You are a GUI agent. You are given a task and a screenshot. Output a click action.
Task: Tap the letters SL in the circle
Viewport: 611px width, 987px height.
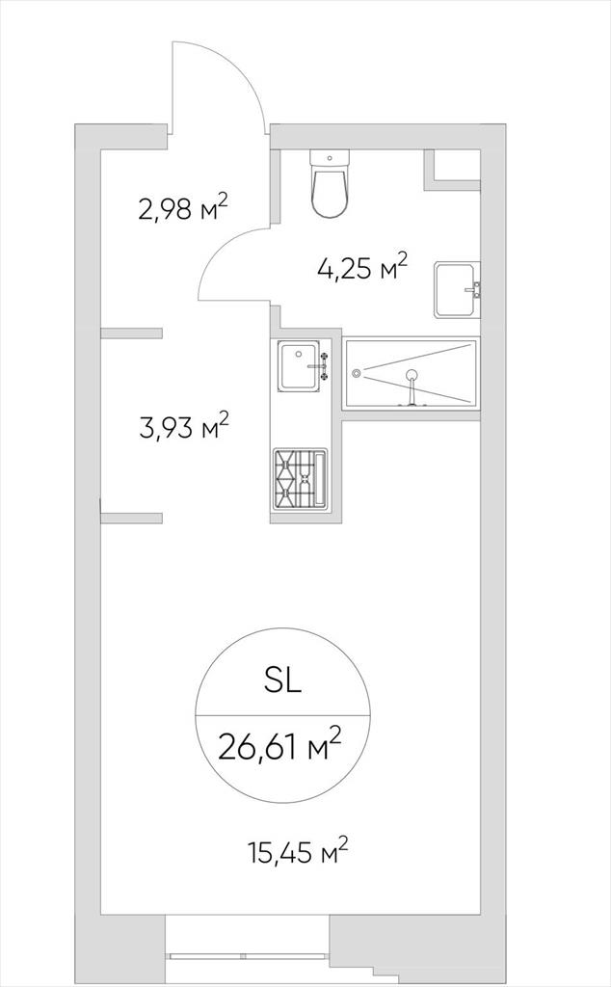[283, 681]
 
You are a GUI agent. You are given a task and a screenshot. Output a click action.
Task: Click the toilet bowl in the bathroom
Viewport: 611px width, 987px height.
[329, 192]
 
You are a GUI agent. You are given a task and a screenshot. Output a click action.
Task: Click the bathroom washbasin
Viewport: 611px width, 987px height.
[457, 289]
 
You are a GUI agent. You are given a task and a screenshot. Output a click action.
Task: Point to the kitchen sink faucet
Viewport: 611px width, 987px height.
[320, 365]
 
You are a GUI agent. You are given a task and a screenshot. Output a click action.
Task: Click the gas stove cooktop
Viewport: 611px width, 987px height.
[300, 478]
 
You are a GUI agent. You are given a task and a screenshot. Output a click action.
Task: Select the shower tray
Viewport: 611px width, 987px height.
[411, 374]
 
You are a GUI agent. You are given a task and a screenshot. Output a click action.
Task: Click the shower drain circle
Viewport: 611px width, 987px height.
[357, 373]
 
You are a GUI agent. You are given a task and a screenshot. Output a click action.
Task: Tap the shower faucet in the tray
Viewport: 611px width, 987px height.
[412, 388]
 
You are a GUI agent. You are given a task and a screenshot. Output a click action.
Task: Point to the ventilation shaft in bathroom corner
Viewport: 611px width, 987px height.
[452, 170]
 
